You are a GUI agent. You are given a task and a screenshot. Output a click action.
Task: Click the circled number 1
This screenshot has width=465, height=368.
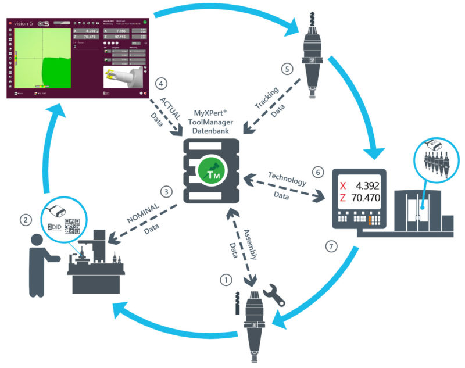225,279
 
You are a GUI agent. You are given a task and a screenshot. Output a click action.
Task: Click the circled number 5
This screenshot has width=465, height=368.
285,69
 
